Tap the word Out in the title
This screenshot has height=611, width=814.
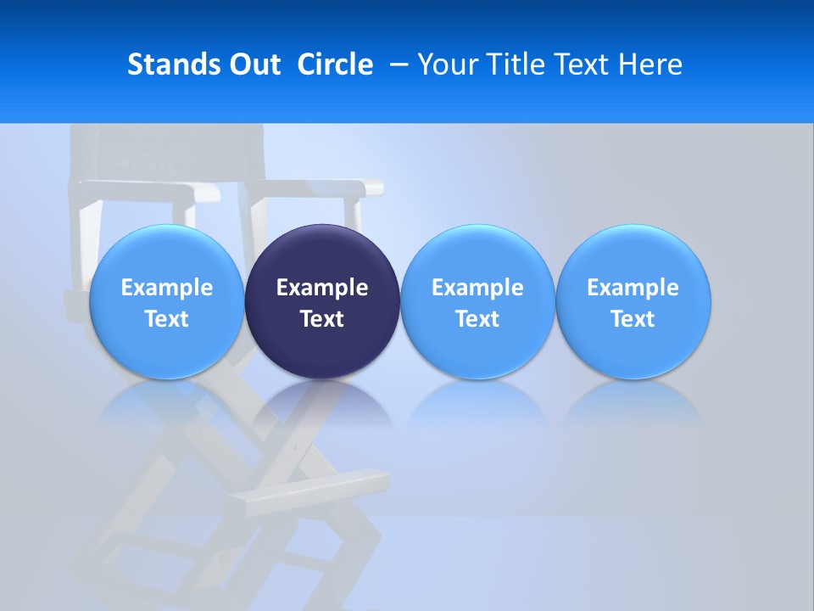252,64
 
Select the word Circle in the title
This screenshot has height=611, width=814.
335,64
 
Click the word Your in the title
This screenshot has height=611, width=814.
446,64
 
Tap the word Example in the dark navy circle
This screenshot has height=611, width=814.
322,288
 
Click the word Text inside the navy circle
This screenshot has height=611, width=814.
322,319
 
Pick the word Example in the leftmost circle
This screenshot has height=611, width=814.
167,288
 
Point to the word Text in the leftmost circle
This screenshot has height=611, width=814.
167,319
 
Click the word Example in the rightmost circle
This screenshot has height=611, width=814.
633,288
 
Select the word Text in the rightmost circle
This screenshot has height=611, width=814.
633,319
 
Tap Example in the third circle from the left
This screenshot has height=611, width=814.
477,288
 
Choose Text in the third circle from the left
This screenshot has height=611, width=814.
477,319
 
